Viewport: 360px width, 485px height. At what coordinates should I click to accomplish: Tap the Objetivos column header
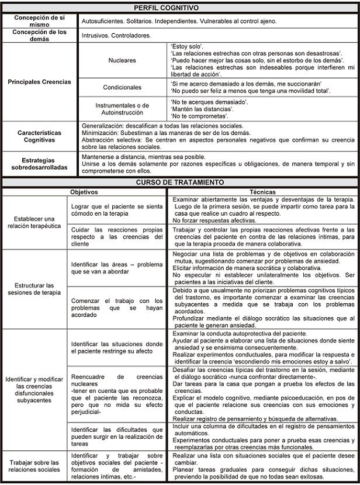tap(84, 191)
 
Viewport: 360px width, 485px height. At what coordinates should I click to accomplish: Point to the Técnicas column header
tap(263, 191)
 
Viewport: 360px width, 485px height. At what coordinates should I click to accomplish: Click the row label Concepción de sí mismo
tap(40, 20)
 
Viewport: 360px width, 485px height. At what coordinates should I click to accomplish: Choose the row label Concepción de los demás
tap(40, 35)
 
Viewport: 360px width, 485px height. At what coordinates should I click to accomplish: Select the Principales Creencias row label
tap(40, 82)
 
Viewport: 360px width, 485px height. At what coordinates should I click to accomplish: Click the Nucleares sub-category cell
tap(122, 60)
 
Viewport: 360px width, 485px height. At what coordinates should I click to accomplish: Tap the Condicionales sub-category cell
tap(122, 87)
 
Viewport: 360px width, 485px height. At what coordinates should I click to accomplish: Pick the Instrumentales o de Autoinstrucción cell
tap(122, 108)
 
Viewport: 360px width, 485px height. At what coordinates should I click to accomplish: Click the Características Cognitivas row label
tap(40, 136)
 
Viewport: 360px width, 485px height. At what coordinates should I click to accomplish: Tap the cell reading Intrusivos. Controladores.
tap(116, 35)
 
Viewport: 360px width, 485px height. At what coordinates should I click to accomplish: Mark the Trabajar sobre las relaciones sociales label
tap(34, 466)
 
